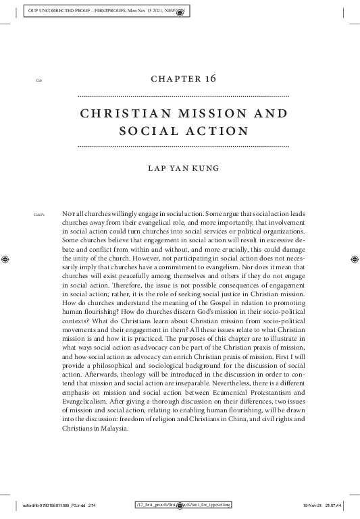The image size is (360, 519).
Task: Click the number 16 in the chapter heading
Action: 209,78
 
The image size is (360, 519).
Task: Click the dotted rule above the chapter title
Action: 184,97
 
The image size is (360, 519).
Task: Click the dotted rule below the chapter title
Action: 184,145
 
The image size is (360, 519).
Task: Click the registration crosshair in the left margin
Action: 7,258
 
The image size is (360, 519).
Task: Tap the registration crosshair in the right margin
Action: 353,258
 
